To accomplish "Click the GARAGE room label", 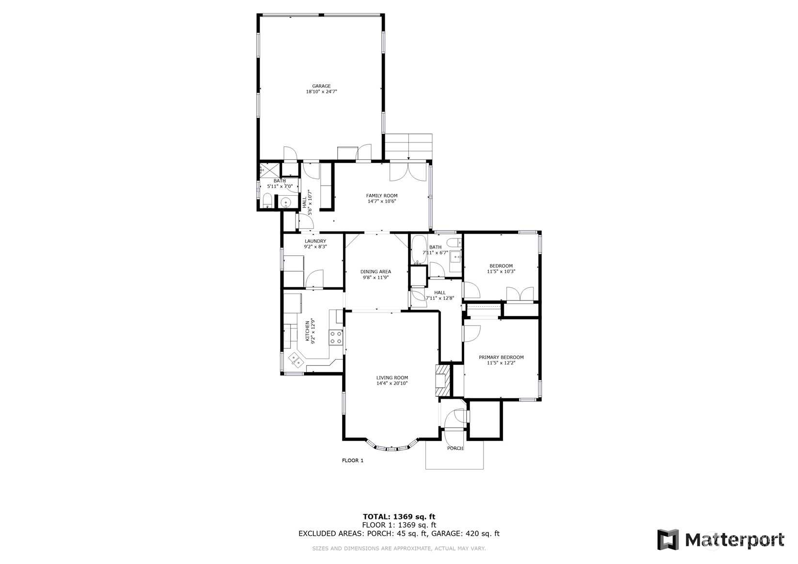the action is coord(321,86).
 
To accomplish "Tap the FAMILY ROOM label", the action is coord(381,196).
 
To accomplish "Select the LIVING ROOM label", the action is coord(392,377).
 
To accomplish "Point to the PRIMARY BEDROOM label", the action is coord(501,358).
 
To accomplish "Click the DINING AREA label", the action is coord(376,271).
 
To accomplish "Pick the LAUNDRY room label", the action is coord(315,241).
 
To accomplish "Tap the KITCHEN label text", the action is coord(308,331).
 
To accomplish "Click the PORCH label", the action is coord(455,448).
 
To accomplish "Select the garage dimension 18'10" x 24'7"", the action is coord(321,92).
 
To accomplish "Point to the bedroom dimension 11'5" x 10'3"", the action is coord(501,271).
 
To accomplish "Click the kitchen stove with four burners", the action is coord(336,337).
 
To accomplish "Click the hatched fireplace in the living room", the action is coord(443,380).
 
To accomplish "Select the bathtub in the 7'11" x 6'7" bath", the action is coord(419,250).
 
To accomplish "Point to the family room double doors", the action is coord(408,172).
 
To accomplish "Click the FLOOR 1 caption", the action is coord(352,460).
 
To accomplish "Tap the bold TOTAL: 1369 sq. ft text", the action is coord(399,517).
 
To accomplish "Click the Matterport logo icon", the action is coord(668,540).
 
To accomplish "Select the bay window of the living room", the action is coord(391,446).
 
